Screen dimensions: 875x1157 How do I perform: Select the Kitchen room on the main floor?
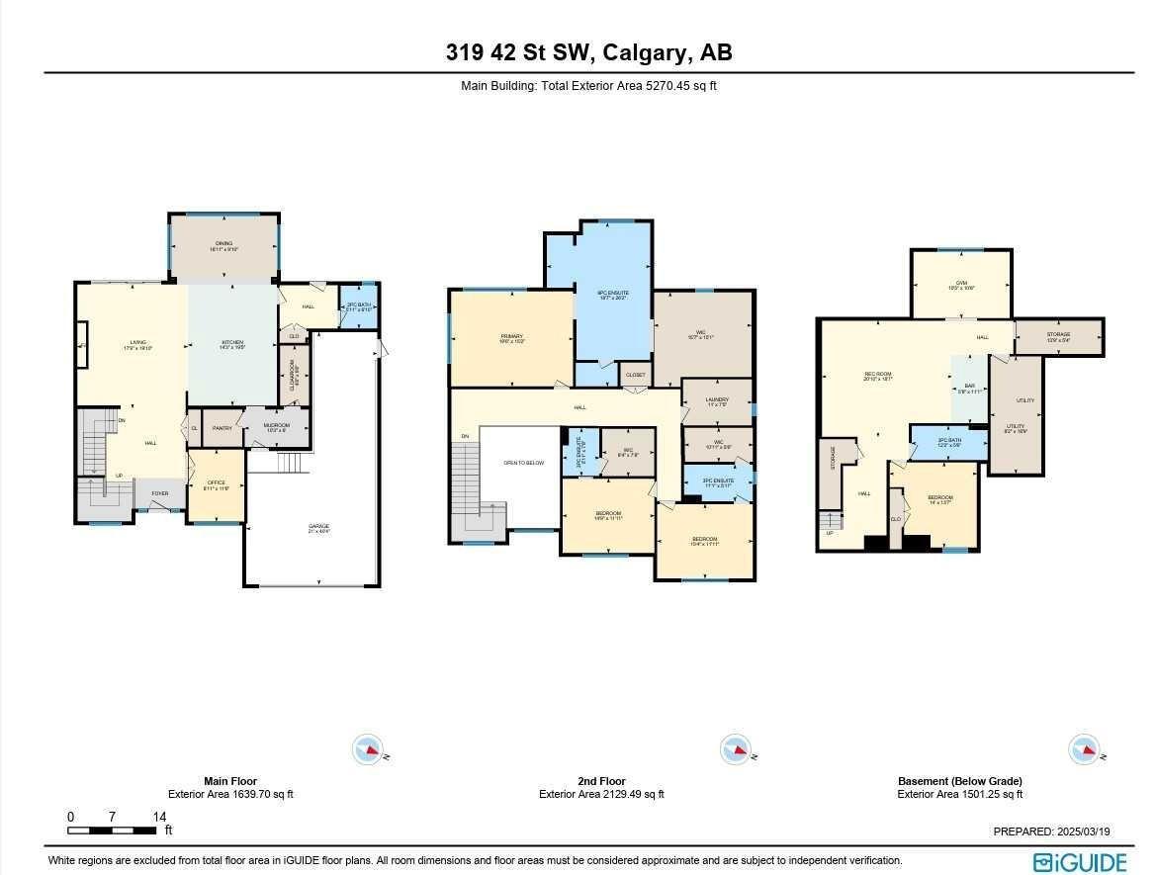[231, 346]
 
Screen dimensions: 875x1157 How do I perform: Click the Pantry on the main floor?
[222, 428]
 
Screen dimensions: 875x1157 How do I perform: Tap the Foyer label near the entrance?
[158, 493]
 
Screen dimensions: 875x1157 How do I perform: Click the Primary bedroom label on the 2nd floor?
[511, 338]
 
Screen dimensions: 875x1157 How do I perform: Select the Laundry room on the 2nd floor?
[717, 401]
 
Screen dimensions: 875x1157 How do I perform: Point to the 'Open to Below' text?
[523, 462]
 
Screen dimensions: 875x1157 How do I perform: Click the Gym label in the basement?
[961, 284]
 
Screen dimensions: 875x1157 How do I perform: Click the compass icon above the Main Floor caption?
[367, 749]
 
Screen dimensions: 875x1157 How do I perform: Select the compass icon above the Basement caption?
[1083, 749]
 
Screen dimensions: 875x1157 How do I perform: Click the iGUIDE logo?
[1079, 861]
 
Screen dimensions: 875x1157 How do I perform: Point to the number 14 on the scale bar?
[159, 817]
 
